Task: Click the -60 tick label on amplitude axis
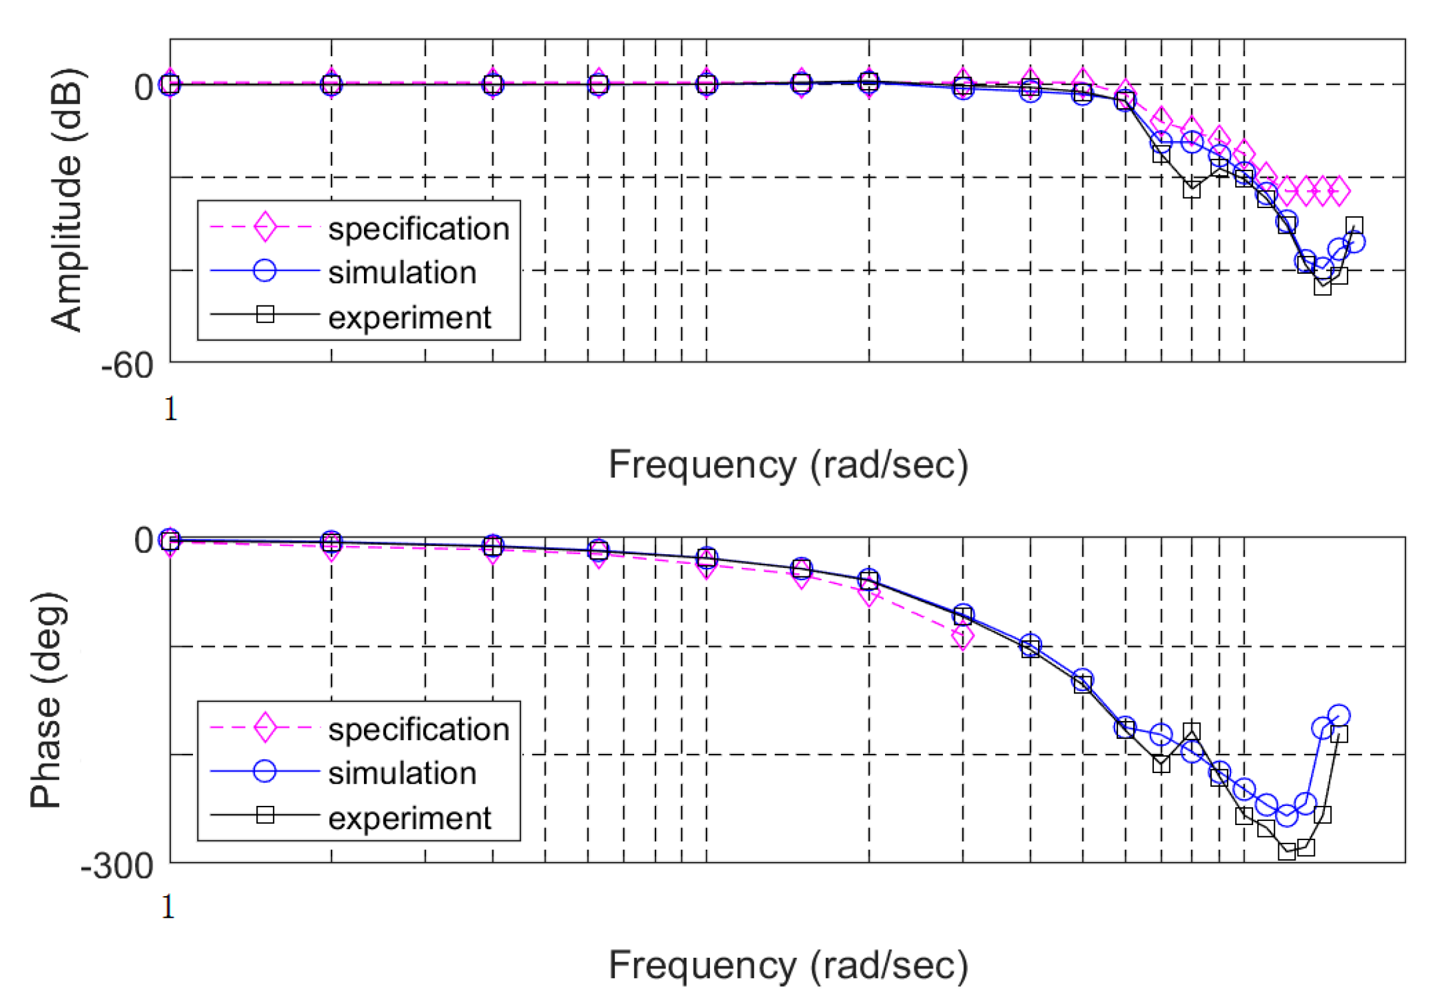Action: click(x=127, y=365)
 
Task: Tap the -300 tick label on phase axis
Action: click(x=117, y=866)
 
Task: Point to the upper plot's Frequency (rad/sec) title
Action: click(x=788, y=465)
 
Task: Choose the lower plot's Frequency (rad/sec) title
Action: click(x=788, y=966)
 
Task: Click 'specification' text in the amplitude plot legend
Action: click(x=419, y=229)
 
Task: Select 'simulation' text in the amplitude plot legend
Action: click(x=402, y=273)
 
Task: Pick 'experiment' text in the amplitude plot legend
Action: click(x=409, y=318)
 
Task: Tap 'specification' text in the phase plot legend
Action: click(x=419, y=729)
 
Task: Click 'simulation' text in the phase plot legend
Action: click(x=402, y=774)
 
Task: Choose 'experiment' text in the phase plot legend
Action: click(x=409, y=818)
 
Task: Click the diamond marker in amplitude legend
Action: click(x=265, y=227)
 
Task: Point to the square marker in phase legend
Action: click(x=265, y=815)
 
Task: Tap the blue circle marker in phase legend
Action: click(x=265, y=771)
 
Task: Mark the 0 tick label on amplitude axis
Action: click(x=143, y=87)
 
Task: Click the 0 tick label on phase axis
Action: click(x=143, y=540)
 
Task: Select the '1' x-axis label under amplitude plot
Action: click(x=170, y=410)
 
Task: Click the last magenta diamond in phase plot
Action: click(x=963, y=637)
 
